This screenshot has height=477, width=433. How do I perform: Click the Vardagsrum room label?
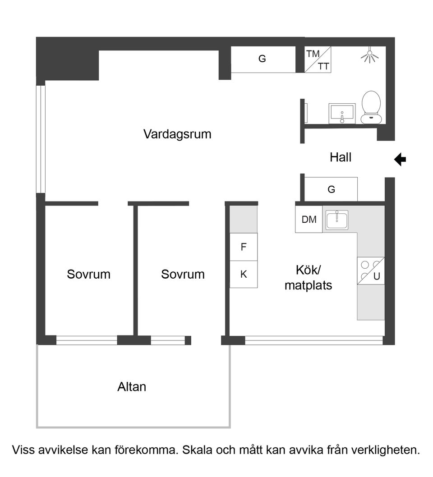177,134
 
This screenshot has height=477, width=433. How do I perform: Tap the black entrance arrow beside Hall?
400,159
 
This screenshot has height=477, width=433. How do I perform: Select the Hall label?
341,157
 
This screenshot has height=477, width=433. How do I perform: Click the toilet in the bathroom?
372,107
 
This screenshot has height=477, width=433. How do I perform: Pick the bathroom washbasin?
342,113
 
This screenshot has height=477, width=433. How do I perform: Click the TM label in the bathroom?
313,54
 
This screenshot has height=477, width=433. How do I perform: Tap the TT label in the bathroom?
323,67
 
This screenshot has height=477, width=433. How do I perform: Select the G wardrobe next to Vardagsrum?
262,59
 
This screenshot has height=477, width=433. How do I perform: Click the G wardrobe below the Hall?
331,189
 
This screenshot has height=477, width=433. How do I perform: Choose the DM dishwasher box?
309,220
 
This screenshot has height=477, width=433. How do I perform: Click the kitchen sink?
336,220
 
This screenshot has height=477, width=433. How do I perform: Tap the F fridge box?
244,247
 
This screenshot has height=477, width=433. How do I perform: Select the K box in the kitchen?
244,274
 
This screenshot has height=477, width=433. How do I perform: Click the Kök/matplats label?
308,278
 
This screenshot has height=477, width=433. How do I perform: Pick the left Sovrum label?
88,274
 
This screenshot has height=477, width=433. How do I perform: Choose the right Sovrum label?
183,274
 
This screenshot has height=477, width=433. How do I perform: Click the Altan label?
132,387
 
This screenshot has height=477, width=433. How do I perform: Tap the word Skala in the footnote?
197,450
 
